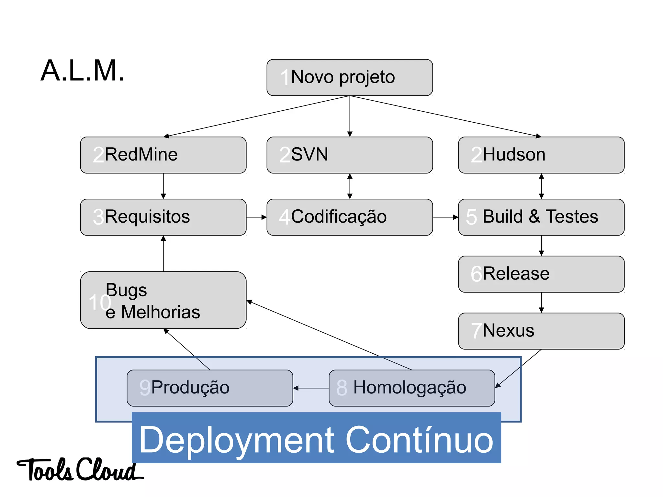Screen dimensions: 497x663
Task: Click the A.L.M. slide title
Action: [x=83, y=71]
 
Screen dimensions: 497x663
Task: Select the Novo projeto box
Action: [x=350, y=77]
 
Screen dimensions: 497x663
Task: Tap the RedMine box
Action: [x=163, y=155]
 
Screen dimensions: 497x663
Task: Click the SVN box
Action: [x=350, y=155]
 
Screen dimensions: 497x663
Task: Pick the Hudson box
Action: [x=541, y=155]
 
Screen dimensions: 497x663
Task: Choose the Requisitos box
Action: [x=163, y=217]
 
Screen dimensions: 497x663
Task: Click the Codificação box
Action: [x=350, y=217]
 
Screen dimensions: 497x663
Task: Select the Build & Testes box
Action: [x=541, y=217]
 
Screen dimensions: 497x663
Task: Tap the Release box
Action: [x=541, y=274]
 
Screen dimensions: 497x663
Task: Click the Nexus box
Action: [x=541, y=331]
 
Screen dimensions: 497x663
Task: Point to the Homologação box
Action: [x=412, y=388]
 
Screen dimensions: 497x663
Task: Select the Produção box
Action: [x=210, y=388]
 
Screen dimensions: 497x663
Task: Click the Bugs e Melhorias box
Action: [x=163, y=300]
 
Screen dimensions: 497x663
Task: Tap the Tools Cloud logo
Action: [x=79, y=470]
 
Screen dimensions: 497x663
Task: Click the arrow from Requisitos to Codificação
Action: [x=256, y=217]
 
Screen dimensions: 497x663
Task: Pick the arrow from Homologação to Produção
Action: [x=311, y=388]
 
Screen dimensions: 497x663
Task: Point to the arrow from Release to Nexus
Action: [x=541, y=303]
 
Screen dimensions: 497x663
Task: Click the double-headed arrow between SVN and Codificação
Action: [x=350, y=186]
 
